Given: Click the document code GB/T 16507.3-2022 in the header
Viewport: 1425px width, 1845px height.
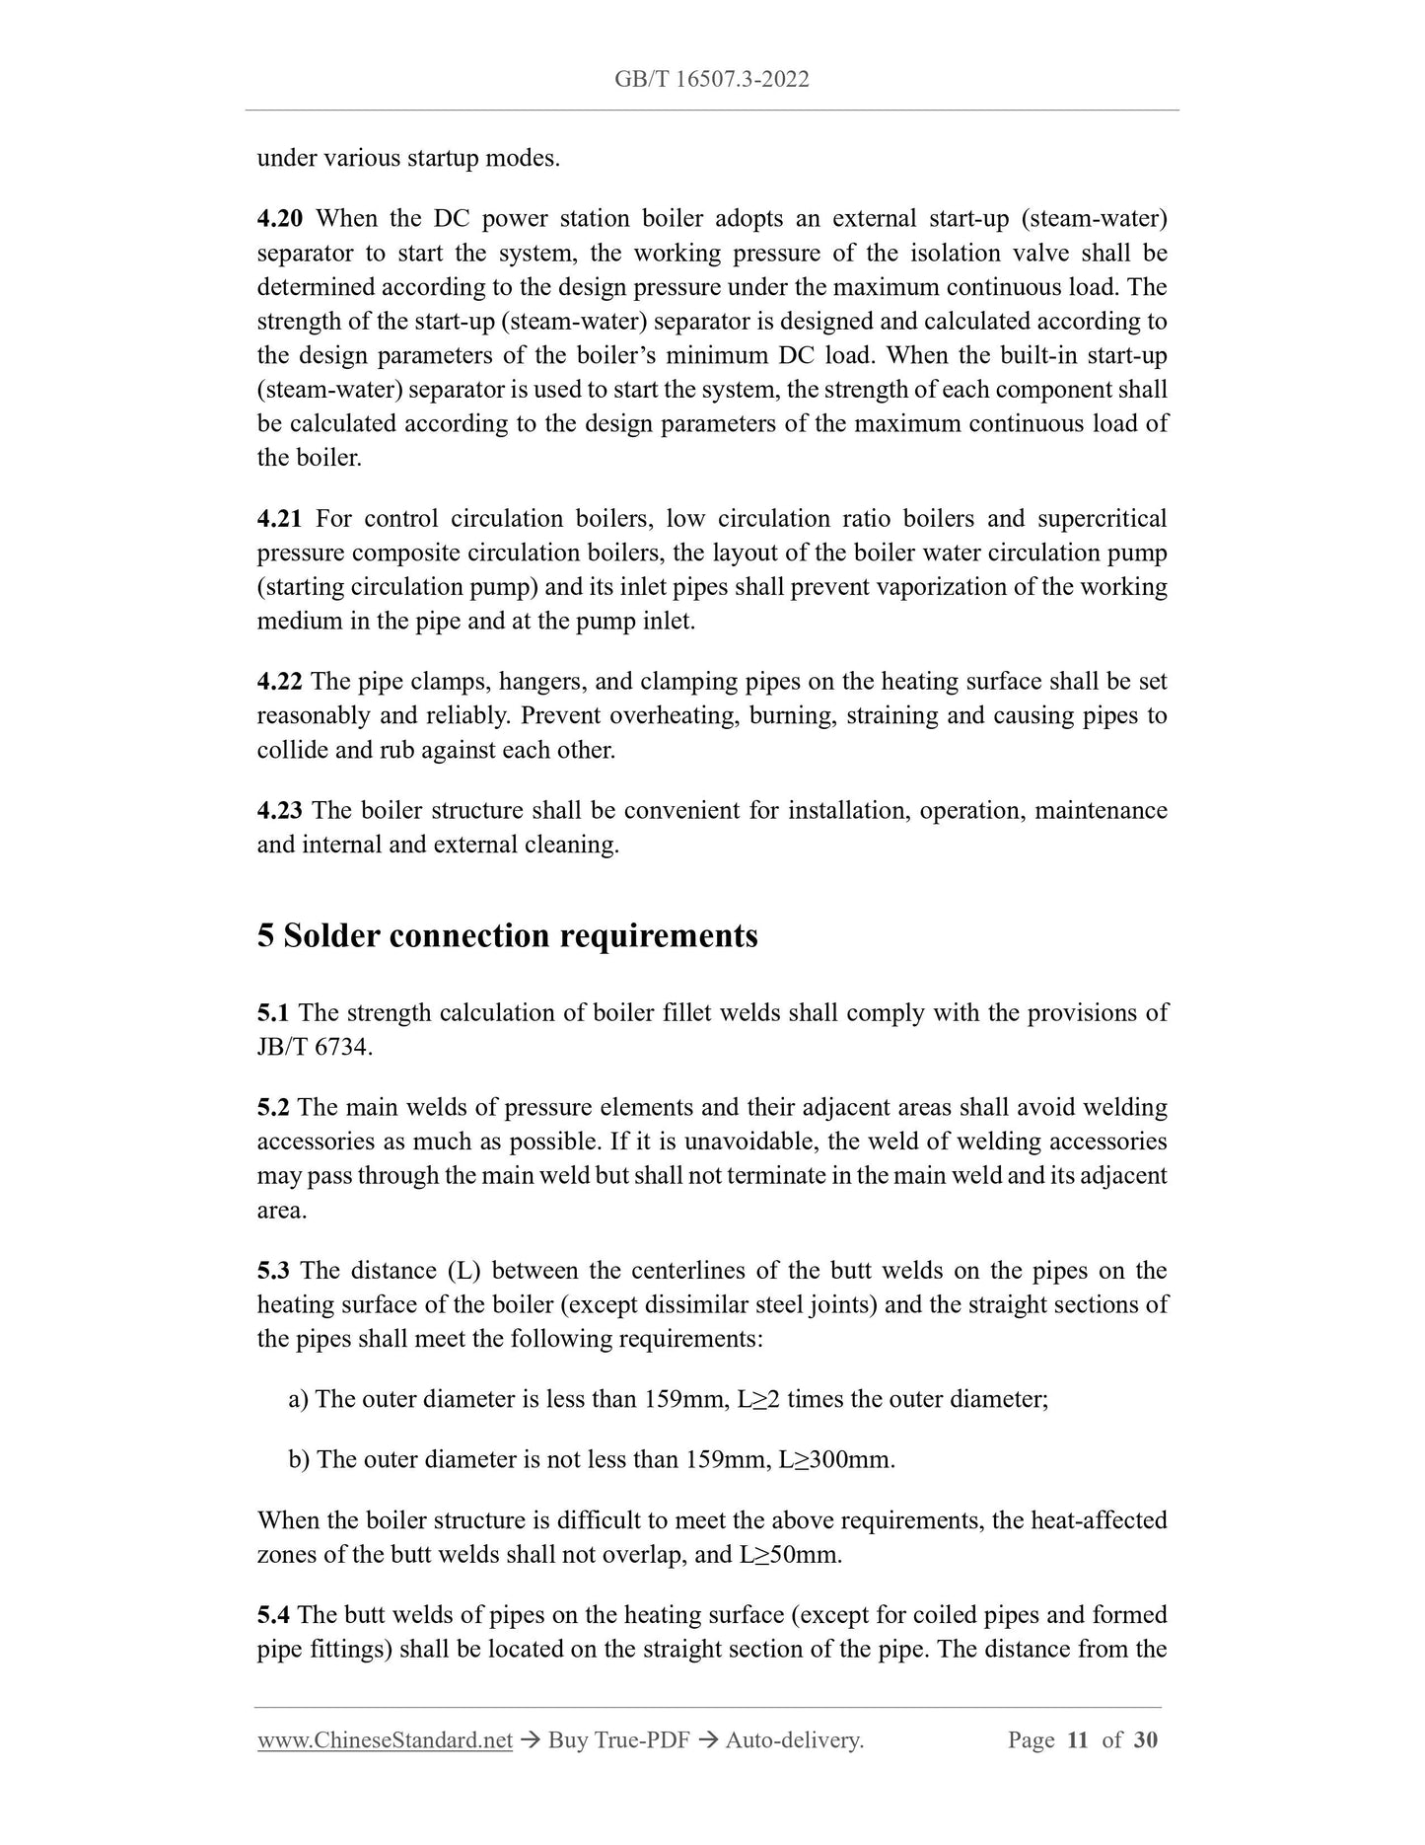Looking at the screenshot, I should coord(712,80).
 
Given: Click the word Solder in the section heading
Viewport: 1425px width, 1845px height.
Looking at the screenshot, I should coord(332,935).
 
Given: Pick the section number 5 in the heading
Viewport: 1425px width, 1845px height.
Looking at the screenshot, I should coord(265,935).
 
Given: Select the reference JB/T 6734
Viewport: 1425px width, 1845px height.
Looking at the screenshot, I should coord(314,1048).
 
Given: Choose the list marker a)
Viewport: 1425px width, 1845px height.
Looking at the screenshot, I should coord(299,1400).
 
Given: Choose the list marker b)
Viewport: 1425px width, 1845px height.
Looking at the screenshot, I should coord(299,1460).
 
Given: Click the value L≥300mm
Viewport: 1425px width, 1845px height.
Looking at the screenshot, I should coord(835,1460).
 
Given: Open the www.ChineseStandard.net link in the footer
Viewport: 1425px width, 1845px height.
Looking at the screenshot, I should coord(385,1740).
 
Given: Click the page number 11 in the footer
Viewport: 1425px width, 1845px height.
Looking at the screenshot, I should coord(1078,1740).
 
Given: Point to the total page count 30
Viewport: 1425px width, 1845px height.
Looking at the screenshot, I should coord(1146,1740).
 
